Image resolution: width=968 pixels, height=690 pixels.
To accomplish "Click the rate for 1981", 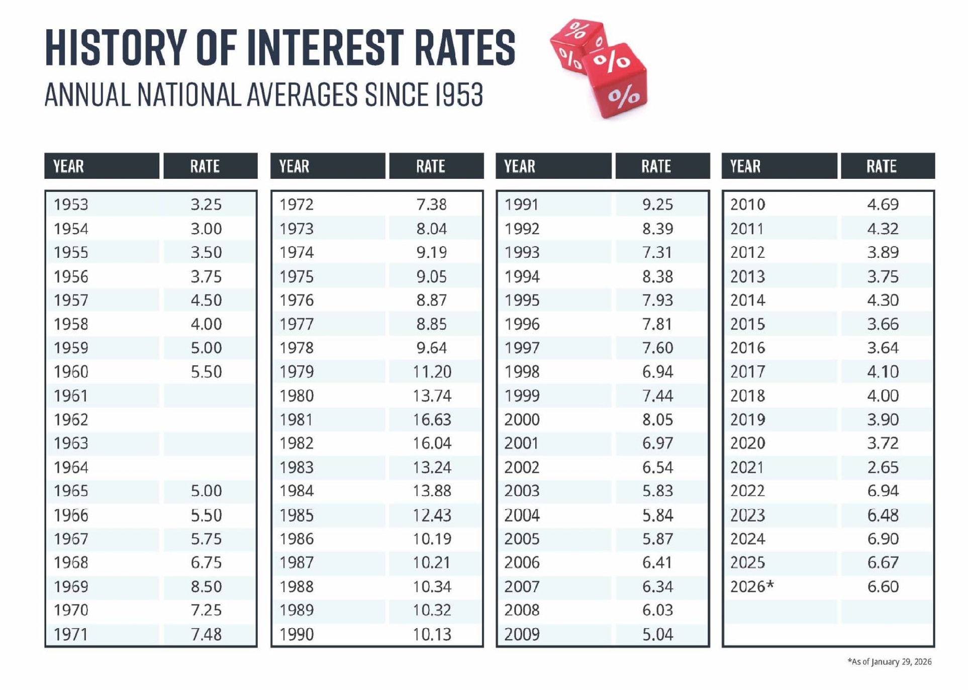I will click(432, 420).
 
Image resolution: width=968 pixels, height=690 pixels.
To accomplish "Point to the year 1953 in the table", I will click(71, 205).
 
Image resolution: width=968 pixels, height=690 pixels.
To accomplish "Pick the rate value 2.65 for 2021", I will click(883, 467).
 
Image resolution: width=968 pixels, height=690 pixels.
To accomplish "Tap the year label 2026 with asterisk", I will click(751, 586).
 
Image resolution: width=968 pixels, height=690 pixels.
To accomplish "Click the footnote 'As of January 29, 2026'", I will click(889, 661).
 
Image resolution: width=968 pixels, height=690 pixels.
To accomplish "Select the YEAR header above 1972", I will click(294, 166).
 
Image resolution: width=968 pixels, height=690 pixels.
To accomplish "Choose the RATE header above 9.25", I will click(656, 166).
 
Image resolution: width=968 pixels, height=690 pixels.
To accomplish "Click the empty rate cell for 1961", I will click(209, 396).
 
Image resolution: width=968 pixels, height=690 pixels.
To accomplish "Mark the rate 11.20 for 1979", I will click(432, 372).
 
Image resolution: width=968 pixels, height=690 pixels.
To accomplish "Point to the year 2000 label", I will click(522, 420).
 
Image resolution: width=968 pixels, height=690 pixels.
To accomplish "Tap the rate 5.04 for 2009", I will click(657, 634).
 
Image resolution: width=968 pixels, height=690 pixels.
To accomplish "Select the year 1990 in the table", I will click(297, 634).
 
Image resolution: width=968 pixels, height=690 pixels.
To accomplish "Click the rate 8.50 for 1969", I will click(206, 586).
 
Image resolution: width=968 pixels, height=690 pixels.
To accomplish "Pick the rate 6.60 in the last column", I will click(883, 586).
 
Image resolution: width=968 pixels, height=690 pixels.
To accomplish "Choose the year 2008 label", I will click(522, 610).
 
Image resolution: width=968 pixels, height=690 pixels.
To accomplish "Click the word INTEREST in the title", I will click(326, 48).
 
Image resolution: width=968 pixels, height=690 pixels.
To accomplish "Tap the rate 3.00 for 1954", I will click(206, 229).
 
